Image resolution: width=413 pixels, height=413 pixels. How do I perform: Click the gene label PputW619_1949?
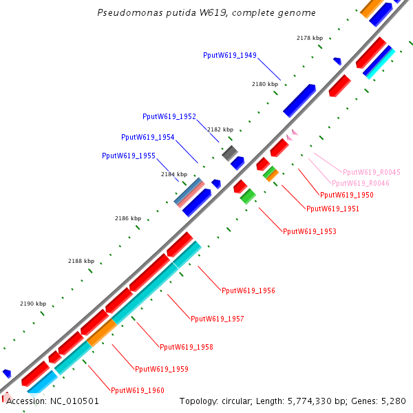[x=230, y=55]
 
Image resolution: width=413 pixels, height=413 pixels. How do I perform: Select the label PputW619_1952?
[x=169, y=116]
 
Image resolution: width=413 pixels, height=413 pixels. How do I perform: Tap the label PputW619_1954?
[x=147, y=137]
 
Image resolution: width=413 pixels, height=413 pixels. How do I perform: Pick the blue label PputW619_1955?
[x=128, y=156]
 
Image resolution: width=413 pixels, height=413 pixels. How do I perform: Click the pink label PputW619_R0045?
[x=372, y=172]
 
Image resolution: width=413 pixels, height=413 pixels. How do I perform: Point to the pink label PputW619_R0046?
[x=361, y=184]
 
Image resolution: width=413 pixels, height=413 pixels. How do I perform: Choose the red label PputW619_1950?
[x=347, y=195]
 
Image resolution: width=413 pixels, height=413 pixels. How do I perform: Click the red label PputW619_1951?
[x=332, y=209]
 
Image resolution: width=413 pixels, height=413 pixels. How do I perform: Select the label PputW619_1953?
[x=310, y=232]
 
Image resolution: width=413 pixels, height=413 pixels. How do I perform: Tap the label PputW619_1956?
[x=248, y=291]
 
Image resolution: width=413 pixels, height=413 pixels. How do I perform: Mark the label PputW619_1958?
[x=187, y=348]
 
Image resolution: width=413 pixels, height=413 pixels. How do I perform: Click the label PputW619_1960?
[x=138, y=390]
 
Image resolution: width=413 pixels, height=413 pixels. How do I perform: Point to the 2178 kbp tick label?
[x=310, y=38]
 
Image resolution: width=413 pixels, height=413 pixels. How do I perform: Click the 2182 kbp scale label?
[x=220, y=129]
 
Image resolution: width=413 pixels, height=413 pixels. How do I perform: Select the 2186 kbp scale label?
[x=127, y=218]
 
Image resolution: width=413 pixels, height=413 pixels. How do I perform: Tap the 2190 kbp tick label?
[x=33, y=304]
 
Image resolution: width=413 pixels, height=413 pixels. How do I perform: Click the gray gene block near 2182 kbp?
[x=230, y=152]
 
